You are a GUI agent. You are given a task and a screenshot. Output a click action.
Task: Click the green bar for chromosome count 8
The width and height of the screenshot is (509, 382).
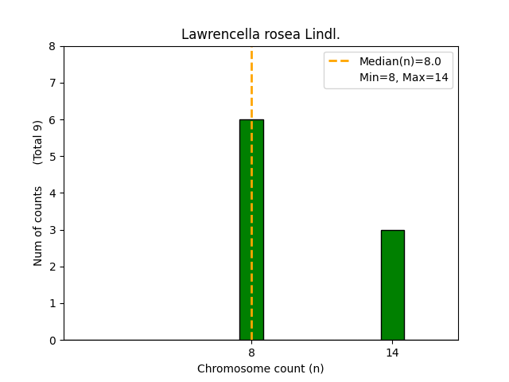[251, 230]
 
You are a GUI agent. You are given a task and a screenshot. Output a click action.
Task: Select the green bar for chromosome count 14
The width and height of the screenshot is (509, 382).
[392, 285]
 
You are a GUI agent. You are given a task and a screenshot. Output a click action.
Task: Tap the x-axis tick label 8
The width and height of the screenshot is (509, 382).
[251, 352]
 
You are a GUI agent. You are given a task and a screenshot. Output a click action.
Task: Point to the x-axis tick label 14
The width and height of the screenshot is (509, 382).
[392, 352]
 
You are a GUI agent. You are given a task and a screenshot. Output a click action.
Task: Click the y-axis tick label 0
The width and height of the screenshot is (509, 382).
[52, 341]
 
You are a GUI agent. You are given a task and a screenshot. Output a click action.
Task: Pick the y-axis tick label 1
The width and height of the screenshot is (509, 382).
[52, 304]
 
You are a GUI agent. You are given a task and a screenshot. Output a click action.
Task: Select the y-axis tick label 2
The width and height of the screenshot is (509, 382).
[52, 267]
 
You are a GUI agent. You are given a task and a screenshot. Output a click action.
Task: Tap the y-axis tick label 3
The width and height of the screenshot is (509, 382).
[52, 231]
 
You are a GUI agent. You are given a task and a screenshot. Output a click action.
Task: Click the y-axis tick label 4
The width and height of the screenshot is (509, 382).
[52, 193]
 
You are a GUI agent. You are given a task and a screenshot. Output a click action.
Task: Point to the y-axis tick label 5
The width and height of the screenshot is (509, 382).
[52, 157]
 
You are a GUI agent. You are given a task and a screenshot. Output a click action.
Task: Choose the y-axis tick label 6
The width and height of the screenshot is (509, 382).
[52, 120]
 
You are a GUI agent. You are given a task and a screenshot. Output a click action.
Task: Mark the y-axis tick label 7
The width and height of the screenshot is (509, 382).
[52, 84]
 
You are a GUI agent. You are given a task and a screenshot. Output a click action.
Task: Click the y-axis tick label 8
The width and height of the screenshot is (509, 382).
[52, 47]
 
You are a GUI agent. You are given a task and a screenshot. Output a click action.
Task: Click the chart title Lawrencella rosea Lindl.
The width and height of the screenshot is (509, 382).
[260, 34]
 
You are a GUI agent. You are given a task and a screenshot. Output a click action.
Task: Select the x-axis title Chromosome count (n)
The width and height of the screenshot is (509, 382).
[260, 368]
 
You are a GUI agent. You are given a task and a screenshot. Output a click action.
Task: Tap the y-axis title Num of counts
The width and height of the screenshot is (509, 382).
[38, 226]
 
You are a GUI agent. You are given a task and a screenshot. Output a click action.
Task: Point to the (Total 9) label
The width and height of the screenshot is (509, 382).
[38, 142]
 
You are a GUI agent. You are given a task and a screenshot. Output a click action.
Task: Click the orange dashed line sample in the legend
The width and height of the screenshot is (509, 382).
[340, 61]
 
